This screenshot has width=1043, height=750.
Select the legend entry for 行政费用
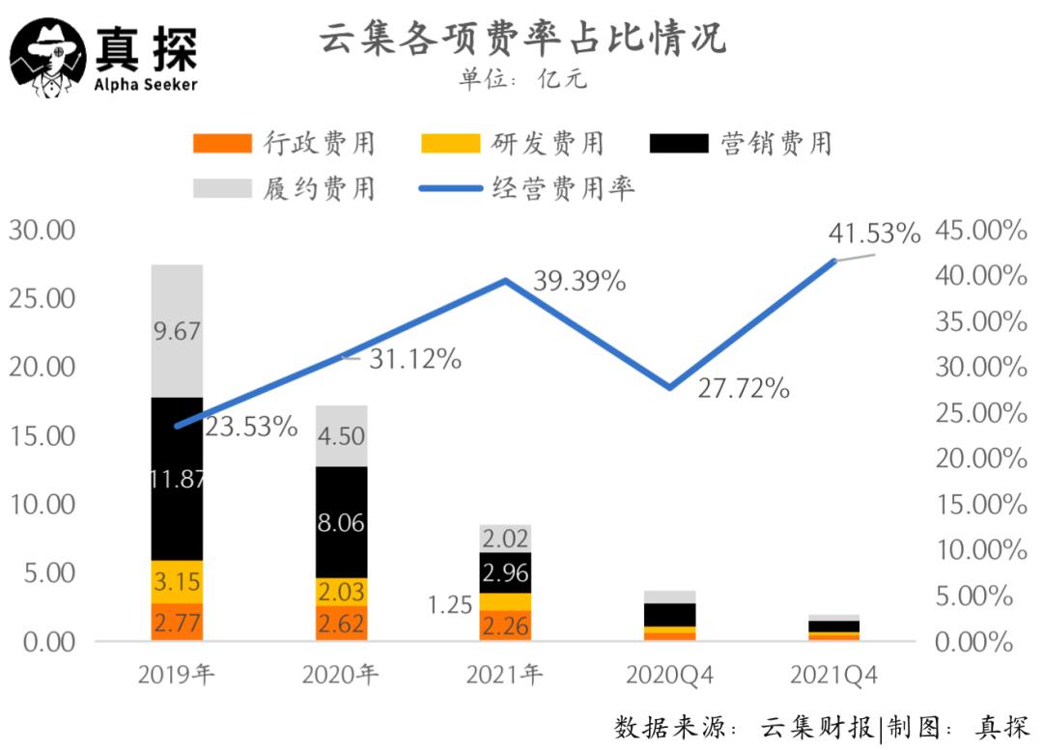pyautogui.click(x=284, y=144)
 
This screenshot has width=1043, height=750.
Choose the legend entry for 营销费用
pyautogui.click(x=741, y=144)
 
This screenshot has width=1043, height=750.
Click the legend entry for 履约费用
pyautogui.click(x=284, y=187)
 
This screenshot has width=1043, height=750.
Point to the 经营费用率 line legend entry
pyautogui.click(x=527, y=187)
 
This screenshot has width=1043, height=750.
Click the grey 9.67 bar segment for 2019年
pyautogui.click(x=177, y=331)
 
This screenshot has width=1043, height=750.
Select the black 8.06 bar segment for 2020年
pyautogui.click(x=341, y=522)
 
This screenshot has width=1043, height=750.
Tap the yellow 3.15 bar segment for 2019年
pyautogui.click(x=177, y=582)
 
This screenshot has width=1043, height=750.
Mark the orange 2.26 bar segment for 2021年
pyautogui.click(x=505, y=625)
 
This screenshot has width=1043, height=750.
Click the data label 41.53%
pyautogui.click(x=874, y=234)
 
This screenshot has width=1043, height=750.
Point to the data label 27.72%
pyautogui.click(x=744, y=389)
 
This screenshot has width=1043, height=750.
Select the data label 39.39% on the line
pyautogui.click(x=579, y=282)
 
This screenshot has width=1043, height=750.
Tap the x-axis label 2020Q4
pyautogui.click(x=669, y=675)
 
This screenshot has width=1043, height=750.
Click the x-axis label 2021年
pyautogui.click(x=504, y=675)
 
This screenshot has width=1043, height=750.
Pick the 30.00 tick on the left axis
pyautogui.click(x=42, y=231)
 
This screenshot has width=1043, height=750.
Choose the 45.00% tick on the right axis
pyautogui.click(x=980, y=231)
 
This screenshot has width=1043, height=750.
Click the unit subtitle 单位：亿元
pyautogui.click(x=521, y=79)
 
